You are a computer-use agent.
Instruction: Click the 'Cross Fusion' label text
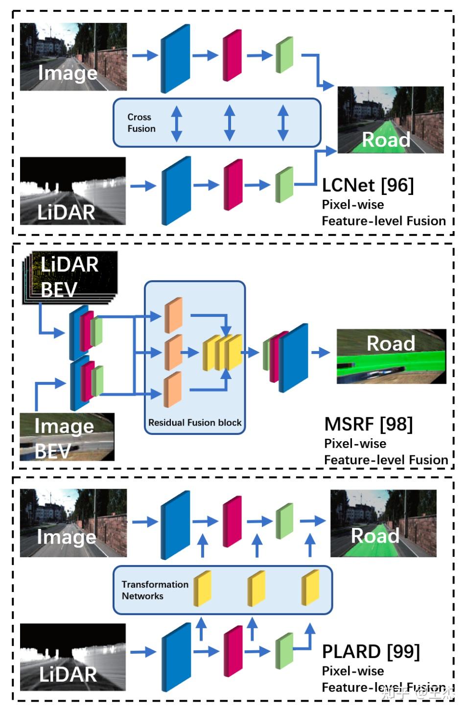[x=141, y=123]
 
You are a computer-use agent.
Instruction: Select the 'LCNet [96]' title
[x=368, y=185]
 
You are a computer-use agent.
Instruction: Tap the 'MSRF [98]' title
[x=368, y=424]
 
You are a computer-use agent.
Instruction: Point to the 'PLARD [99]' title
[x=371, y=652]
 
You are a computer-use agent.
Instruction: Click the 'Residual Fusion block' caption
[x=195, y=423]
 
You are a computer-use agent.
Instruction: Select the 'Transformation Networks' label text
[x=155, y=590]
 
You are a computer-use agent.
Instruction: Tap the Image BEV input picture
[x=67, y=437]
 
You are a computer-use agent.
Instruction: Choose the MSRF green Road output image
[x=391, y=356]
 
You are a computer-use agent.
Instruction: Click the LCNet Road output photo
[x=390, y=120]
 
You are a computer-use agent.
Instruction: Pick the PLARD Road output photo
[x=383, y=523]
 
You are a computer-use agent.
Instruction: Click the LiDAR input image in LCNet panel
[x=72, y=191]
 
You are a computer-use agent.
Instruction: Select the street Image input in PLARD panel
[x=73, y=523]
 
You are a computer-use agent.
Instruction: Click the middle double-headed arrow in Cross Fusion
[x=229, y=123]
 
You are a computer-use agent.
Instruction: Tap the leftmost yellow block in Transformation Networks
[x=202, y=588]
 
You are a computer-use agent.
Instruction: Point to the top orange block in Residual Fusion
[x=173, y=315]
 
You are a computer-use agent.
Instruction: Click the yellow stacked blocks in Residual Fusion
[x=223, y=353]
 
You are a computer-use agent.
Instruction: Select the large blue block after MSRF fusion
[x=294, y=357]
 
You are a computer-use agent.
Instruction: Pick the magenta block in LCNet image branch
[x=232, y=55]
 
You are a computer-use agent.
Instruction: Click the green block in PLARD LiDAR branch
[x=284, y=651]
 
